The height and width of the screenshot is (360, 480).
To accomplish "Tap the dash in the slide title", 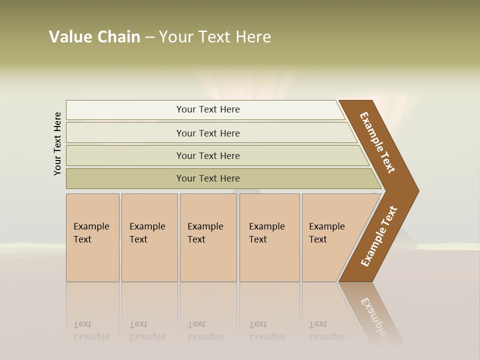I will coord(149,37).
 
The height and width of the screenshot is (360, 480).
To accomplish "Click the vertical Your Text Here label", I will coord(57,143).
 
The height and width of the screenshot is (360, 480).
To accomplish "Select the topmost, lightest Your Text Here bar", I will coord(207,109).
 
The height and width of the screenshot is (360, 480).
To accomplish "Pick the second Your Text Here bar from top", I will coord(207,133).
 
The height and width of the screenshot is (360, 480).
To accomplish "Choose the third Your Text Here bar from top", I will coord(207,155).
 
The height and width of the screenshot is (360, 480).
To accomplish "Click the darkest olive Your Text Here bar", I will coord(207,178).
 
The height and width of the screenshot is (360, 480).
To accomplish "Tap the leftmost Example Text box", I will coord(92,237).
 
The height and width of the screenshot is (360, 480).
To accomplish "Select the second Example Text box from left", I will coord(149,237).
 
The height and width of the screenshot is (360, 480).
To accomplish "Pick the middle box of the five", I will coord(208,237).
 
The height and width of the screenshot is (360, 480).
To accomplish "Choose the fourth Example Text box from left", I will coord(269,237).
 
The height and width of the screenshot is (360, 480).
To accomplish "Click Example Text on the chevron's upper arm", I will coord(377,142).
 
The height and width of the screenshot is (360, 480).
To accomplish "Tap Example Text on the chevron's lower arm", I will coord(378,236).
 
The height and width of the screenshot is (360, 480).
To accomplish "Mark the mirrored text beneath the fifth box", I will coord(326,330).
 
